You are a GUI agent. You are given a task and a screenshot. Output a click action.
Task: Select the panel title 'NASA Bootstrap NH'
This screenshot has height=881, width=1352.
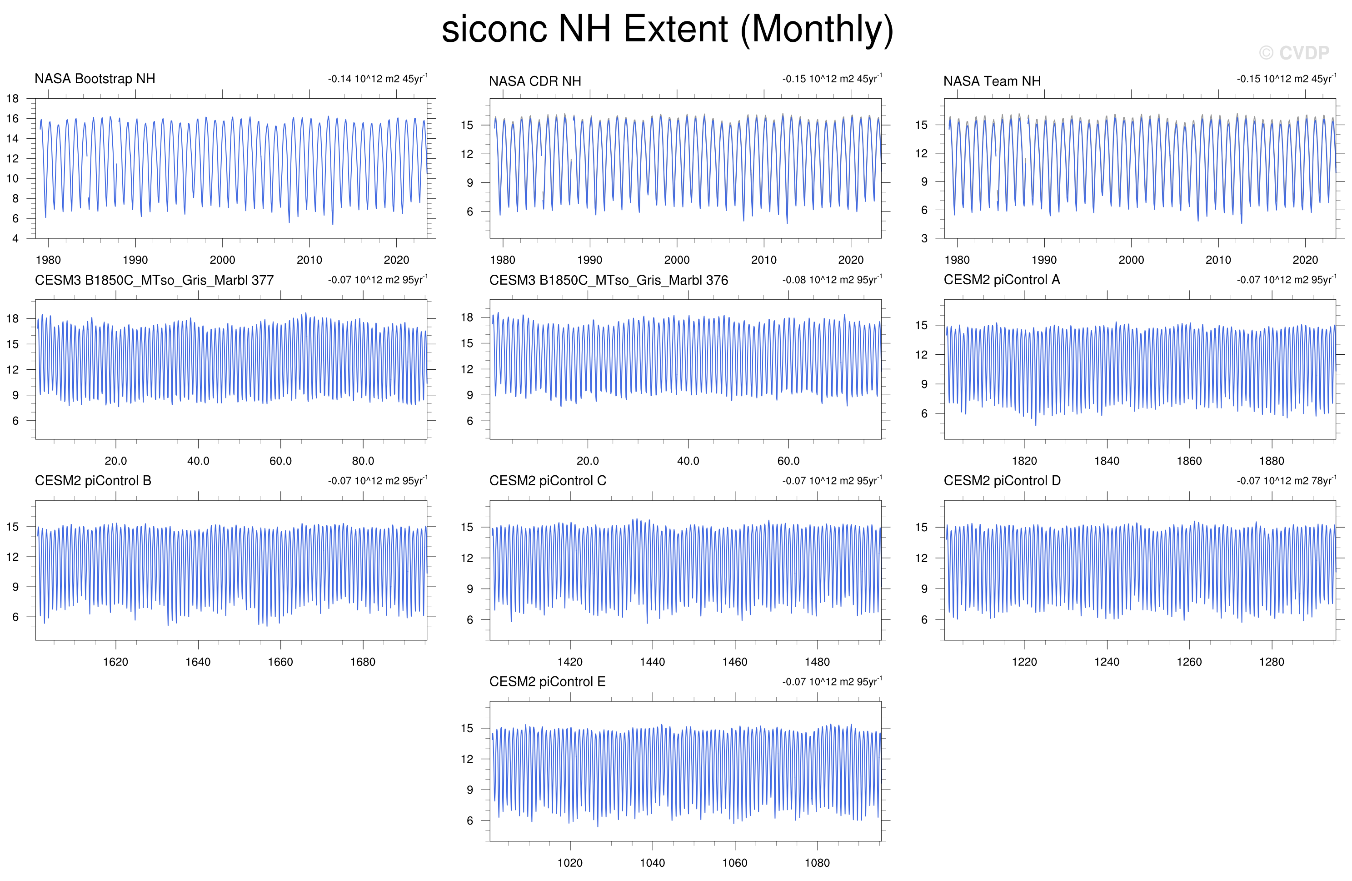(x=95, y=78)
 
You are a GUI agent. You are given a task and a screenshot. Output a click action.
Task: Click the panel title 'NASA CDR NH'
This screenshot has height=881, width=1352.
(x=535, y=81)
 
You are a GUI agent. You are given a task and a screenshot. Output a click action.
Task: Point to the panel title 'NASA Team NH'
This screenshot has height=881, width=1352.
(x=992, y=81)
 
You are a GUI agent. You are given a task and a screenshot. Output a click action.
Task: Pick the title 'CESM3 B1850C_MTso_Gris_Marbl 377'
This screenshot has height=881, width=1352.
(x=154, y=280)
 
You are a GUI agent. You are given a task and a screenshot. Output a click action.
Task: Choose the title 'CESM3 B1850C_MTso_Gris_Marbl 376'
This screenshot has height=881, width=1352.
(x=609, y=280)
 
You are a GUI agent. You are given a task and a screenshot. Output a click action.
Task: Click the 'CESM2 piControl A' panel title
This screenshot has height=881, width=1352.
(x=1002, y=280)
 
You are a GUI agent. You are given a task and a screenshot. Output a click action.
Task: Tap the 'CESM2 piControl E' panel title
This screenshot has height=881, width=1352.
(x=547, y=681)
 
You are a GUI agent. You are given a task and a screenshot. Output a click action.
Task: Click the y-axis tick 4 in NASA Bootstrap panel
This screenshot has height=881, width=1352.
(x=15, y=239)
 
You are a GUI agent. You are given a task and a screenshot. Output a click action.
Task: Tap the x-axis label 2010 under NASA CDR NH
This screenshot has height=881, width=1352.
(x=763, y=260)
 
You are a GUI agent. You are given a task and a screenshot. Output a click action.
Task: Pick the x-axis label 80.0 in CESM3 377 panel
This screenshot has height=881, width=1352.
(x=363, y=461)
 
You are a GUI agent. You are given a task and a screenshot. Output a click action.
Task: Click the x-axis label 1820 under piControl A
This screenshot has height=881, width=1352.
(x=1024, y=461)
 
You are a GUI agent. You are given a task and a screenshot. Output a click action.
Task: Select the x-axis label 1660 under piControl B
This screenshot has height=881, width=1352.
(x=280, y=662)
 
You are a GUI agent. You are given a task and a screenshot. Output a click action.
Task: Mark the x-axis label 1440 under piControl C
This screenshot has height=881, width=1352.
(x=652, y=662)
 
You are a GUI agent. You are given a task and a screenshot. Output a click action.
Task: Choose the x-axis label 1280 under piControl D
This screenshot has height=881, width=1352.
(x=1272, y=662)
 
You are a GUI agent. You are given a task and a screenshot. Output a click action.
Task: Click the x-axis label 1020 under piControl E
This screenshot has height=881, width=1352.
(x=570, y=863)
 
